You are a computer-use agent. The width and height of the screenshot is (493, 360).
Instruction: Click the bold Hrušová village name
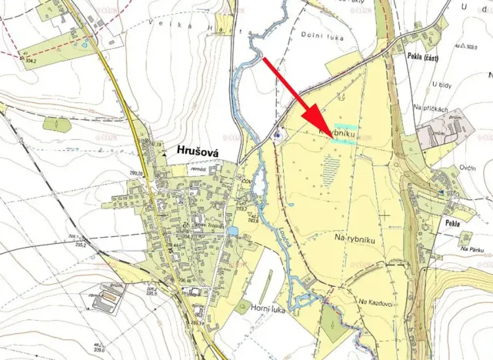pyautogui.click(x=198, y=152)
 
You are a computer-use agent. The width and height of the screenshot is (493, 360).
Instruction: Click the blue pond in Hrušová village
pyautogui.click(x=232, y=231)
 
